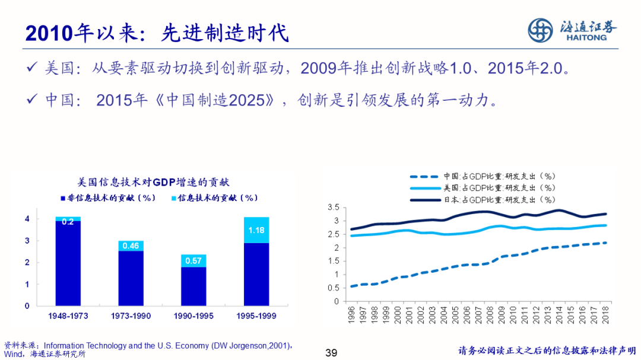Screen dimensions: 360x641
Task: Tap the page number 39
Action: pos(332,353)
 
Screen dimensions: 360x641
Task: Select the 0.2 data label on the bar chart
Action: pos(68,222)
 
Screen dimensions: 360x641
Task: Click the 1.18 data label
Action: pos(256,230)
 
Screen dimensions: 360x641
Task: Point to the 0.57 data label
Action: pos(193,261)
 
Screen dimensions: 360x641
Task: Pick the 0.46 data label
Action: pos(131,246)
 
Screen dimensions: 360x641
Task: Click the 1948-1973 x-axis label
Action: pos(68,316)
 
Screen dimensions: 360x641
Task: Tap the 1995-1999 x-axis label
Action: pos(256,316)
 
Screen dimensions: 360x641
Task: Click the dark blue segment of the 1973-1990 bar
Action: pos(131,278)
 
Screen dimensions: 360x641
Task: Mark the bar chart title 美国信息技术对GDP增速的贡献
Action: pos(154,181)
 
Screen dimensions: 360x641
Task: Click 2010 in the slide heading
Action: pos(48,34)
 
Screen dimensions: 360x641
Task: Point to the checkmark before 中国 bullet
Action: pos(34,99)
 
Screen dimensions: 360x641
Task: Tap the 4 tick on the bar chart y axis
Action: pos(27,219)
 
